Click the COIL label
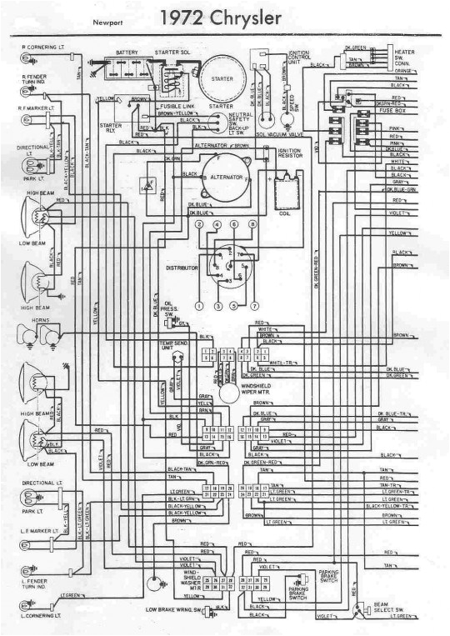pyautogui.click(x=284, y=213)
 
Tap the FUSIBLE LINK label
pyautogui.click(x=178, y=107)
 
